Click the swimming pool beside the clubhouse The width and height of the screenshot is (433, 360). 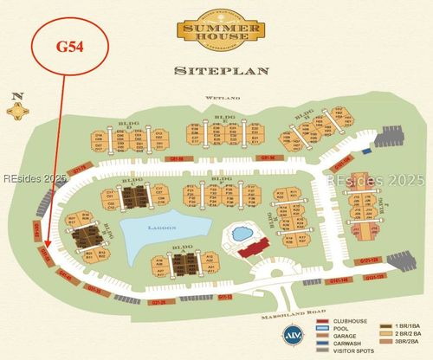click(239, 235)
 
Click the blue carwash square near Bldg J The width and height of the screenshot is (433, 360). click(365, 149)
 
